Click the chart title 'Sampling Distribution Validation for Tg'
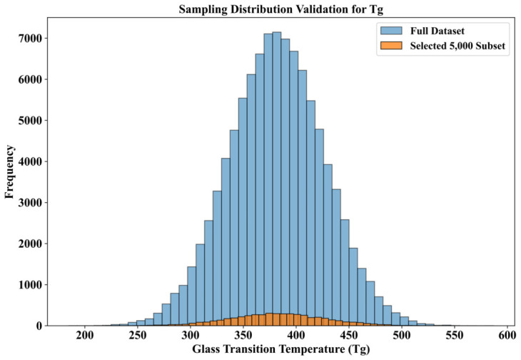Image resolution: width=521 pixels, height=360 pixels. click(x=281, y=9)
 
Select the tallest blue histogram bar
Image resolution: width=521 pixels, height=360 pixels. click(x=277, y=179)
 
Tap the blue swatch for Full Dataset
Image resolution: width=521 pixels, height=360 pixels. click(x=391, y=31)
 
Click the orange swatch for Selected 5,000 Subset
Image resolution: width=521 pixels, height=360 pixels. click(x=391, y=46)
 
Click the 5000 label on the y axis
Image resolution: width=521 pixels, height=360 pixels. click(x=31, y=120)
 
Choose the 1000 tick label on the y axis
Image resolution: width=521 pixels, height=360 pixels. click(x=31, y=284)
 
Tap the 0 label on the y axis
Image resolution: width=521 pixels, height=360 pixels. click(x=40, y=326)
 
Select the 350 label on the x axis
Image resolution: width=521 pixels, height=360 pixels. click(x=243, y=336)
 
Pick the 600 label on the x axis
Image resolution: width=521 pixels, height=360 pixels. click(x=507, y=336)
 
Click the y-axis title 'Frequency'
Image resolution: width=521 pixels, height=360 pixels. click(x=9, y=172)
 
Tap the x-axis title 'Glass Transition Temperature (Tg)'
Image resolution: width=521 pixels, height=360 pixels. click(x=281, y=349)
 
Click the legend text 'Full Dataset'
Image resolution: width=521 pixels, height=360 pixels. click(x=437, y=31)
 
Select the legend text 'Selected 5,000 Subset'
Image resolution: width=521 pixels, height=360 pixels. click(x=457, y=46)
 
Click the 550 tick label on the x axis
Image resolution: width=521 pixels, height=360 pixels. click(x=455, y=336)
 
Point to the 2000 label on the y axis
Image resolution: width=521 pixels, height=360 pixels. click(x=31, y=244)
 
